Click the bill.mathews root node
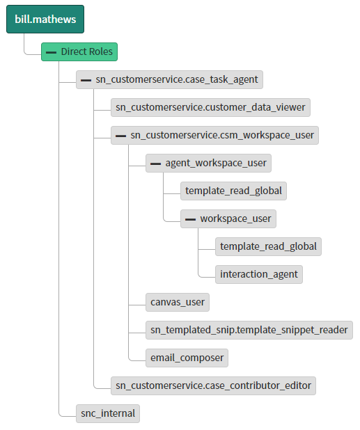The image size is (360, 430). pyautogui.click(x=45, y=19)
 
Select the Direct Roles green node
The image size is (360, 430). pyautogui.click(x=79, y=51)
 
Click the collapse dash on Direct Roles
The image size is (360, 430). pyautogui.click(x=51, y=52)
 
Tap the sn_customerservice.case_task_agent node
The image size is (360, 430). pyautogui.click(x=169, y=80)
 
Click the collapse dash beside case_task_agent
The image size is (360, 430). pyautogui.click(x=86, y=80)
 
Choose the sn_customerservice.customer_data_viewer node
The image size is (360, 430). pyautogui.click(x=210, y=107)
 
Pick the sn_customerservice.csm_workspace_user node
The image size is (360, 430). pyautogui.click(x=214, y=135)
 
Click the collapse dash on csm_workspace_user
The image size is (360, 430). pyautogui.click(x=120, y=136)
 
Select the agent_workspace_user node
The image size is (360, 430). pyautogui.click(x=208, y=164)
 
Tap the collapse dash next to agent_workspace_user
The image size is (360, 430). pyautogui.click(x=155, y=164)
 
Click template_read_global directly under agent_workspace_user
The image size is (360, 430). pyautogui.click(x=233, y=191)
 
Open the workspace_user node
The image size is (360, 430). pyautogui.click(x=228, y=219)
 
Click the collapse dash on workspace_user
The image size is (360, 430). pyautogui.click(x=190, y=219)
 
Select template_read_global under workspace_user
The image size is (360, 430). pyautogui.click(x=268, y=246)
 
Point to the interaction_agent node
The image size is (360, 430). pyautogui.click(x=259, y=274)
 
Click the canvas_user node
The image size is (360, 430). pyautogui.click(x=178, y=302)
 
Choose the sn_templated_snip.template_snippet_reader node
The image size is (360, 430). pyautogui.click(x=249, y=330)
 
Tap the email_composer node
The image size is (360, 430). pyautogui.click(x=187, y=358)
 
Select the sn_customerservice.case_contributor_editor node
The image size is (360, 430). pyautogui.click(x=213, y=385)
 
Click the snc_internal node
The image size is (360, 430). pyautogui.click(x=108, y=413)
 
